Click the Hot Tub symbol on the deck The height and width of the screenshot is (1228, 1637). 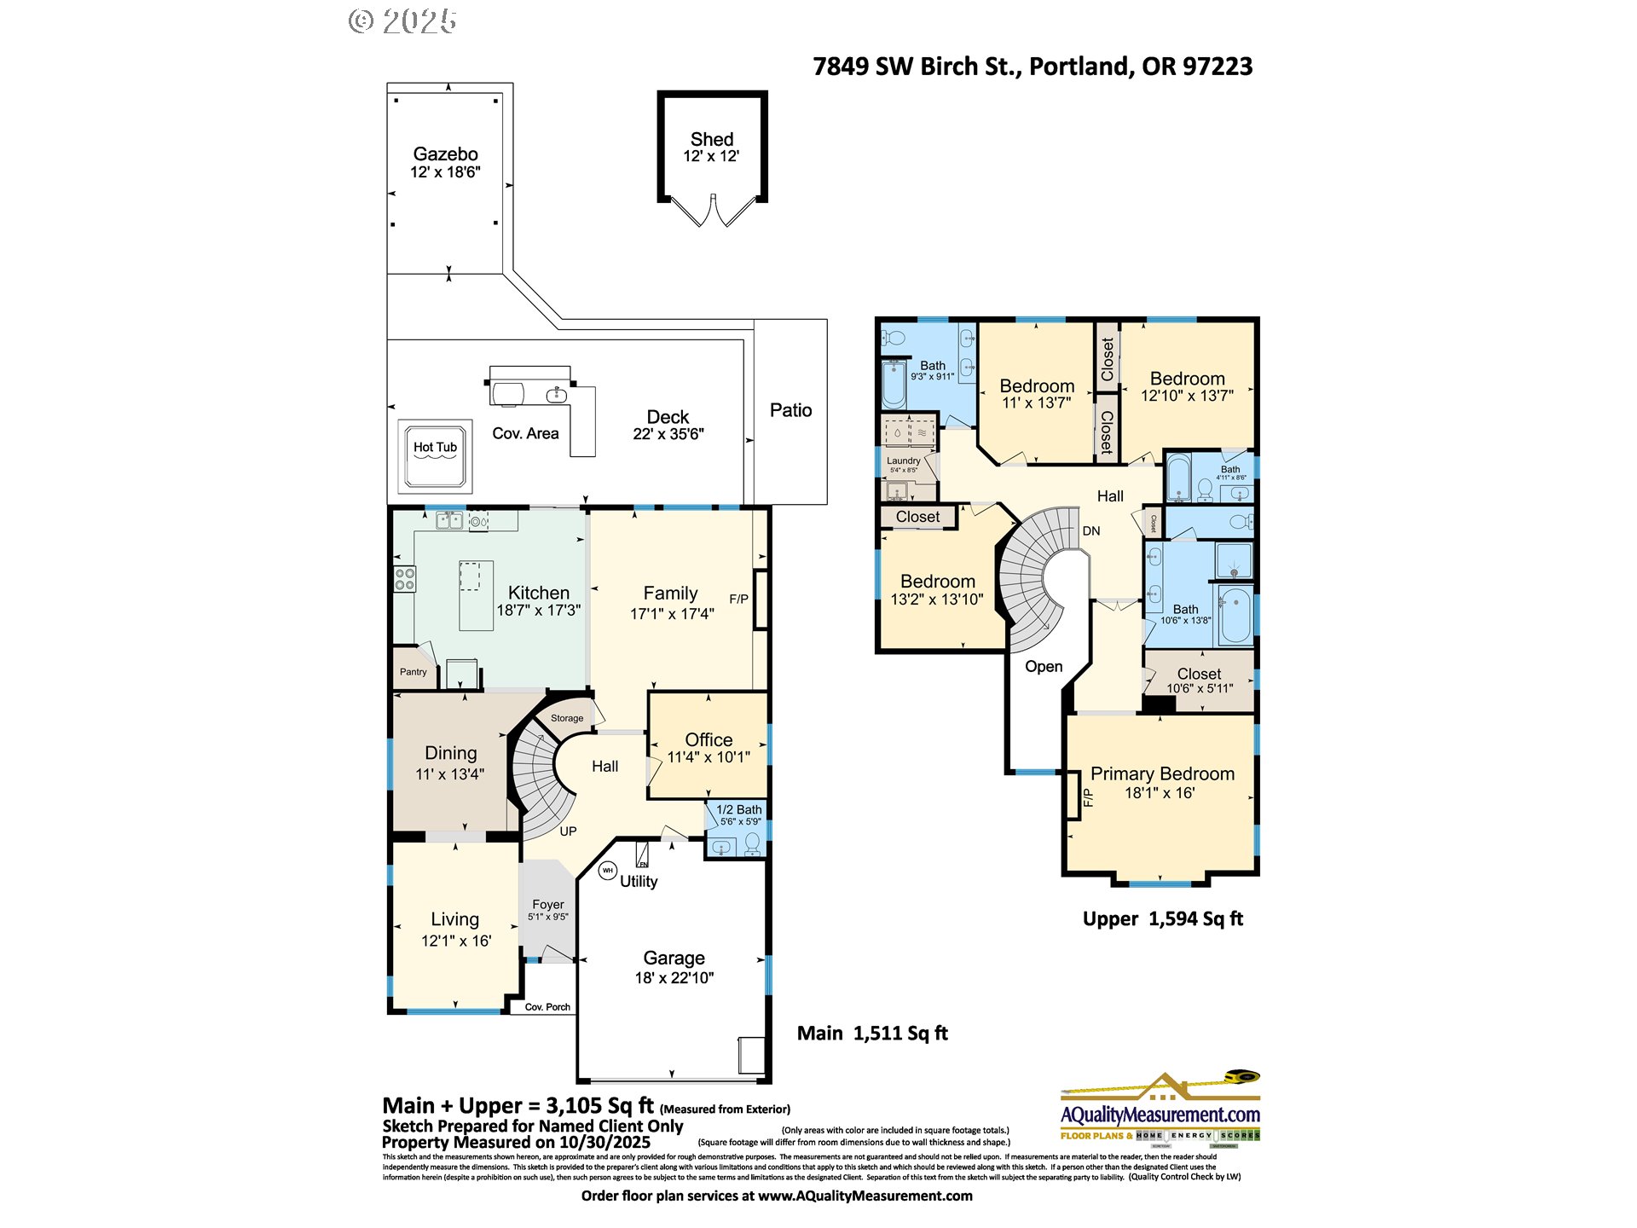click(435, 456)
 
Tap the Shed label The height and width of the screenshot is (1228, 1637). click(712, 139)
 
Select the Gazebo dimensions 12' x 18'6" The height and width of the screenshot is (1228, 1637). click(445, 172)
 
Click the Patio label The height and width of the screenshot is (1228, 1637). click(790, 410)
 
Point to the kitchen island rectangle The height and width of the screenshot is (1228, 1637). click(476, 595)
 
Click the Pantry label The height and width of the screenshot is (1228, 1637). click(414, 672)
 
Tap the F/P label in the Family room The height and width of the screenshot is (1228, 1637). click(738, 600)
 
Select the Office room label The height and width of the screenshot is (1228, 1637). click(709, 739)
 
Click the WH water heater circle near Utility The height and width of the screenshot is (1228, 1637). click(608, 871)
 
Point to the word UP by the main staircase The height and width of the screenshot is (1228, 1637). click(568, 831)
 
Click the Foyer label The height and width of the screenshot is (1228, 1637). click(548, 904)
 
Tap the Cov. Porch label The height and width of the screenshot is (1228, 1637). click(547, 1007)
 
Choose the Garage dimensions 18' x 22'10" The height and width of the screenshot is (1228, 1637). click(674, 978)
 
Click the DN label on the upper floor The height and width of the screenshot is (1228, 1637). click(1091, 530)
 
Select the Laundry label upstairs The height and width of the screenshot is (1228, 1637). click(903, 460)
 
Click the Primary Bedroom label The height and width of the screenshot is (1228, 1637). click(1162, 773)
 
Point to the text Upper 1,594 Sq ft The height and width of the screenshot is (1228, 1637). click(1162, 918)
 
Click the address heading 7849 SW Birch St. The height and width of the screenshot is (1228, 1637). click(1032, 67)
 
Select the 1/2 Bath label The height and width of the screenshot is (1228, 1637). click(738, 809)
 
